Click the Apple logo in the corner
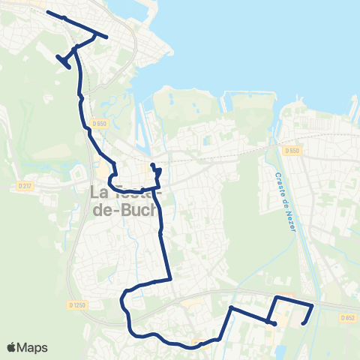point(11,347)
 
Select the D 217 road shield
point(23,185)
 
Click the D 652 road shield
point(346,317)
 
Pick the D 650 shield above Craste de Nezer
point(292,151)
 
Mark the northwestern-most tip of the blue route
point(47,12)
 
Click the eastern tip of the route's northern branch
point(107,37)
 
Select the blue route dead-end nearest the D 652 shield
point(303,324)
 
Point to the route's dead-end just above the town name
point(151,165)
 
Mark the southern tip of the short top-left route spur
point(70,68)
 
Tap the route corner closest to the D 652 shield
point(312,304)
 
